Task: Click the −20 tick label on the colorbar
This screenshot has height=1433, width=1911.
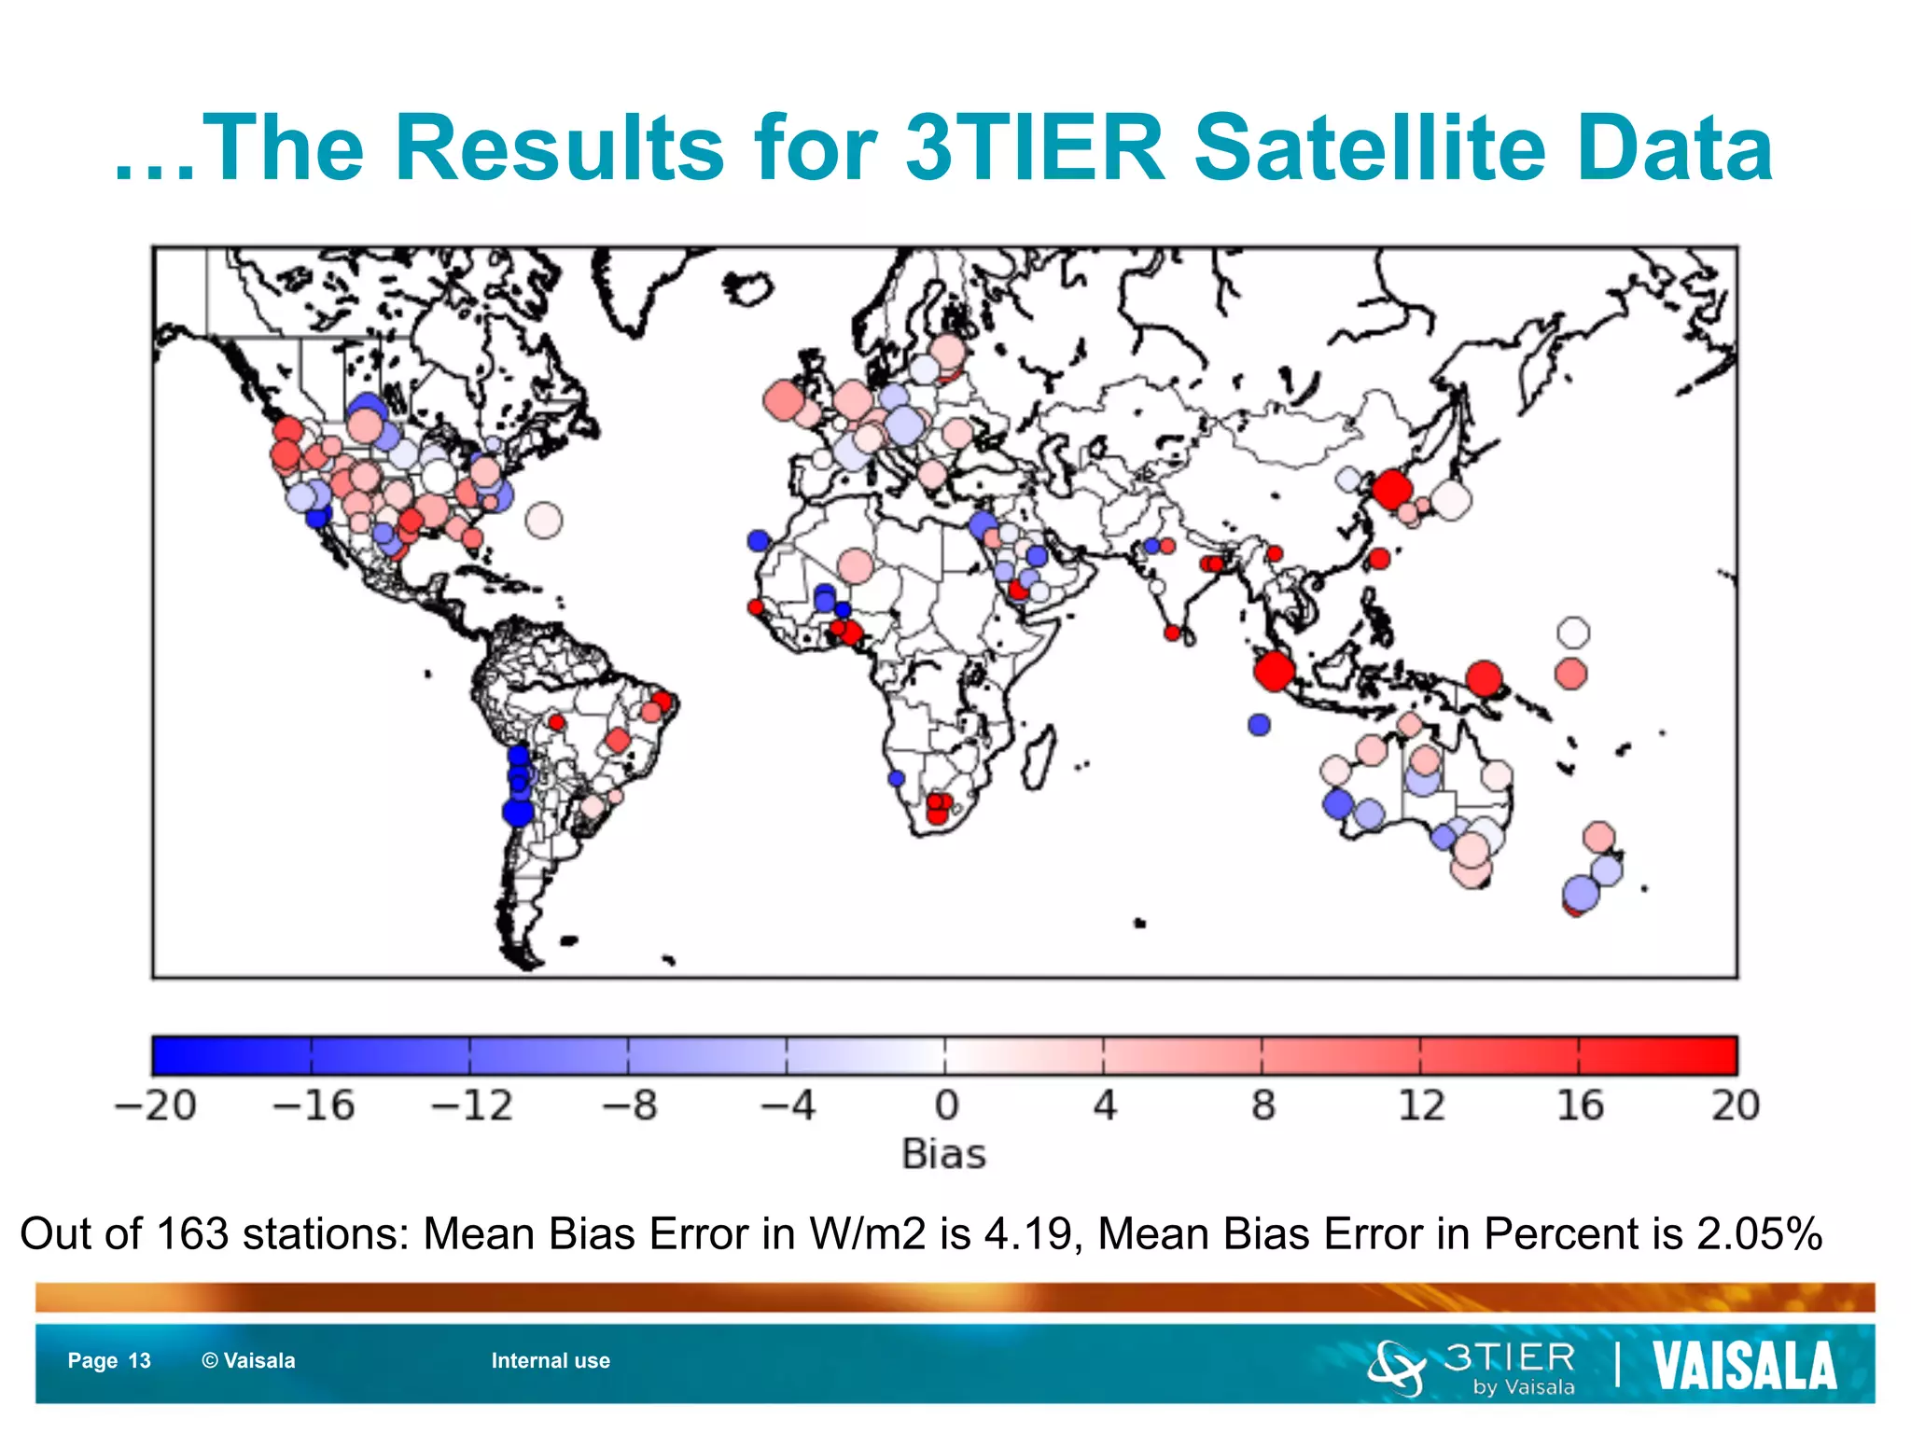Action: click(x=155, y=1106)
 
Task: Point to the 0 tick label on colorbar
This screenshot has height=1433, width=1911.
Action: click(x=945, y=1106)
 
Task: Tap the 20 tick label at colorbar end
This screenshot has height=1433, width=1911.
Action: click(x=1735, y=1106)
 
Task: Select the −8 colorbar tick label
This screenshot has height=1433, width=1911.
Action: click(x=630, y=1106)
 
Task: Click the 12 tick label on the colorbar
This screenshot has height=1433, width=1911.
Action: click(x=1420, y=1106)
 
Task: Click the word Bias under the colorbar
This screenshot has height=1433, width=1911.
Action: click(x=943, y=1155)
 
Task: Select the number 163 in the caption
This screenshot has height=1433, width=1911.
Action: click(x=192, y=1234)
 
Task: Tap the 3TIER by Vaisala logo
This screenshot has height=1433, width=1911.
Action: click(x=1474, y=1368)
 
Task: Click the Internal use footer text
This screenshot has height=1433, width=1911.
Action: click(x=551, y=1361)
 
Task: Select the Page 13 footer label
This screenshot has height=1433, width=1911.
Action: click(x=109, y=1361)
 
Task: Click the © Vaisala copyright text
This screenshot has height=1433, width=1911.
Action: click(x=248, y=1361)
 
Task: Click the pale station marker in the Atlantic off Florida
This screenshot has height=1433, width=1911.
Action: click(x=544, y=520)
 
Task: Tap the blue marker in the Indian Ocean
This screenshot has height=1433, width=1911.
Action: click(x=1259, y=724)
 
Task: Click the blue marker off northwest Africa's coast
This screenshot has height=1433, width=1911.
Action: click(x=759, y=540)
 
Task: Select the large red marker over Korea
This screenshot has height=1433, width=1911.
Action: click(x=1390, y=488)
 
